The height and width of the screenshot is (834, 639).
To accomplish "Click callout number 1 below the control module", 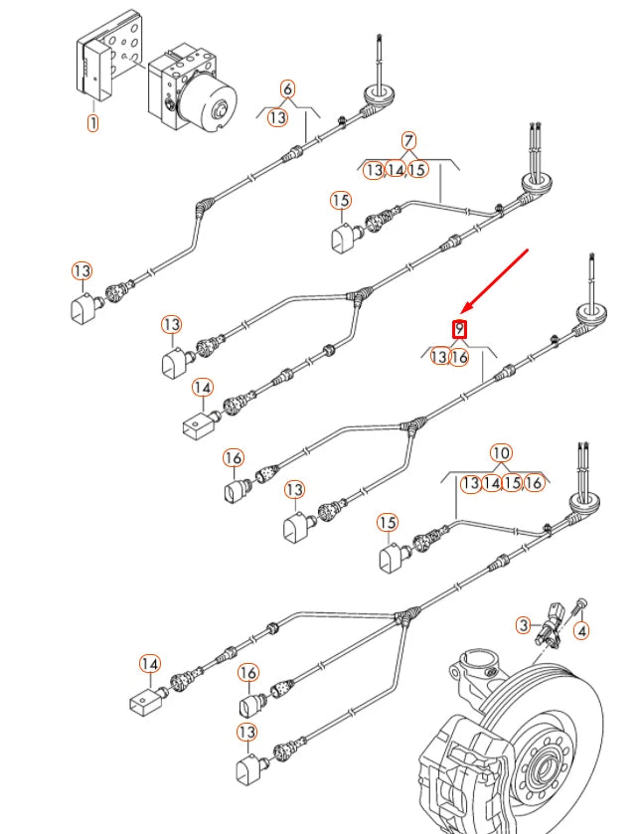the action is [x=92, y=123].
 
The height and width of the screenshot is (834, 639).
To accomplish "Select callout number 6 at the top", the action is [x=287, y=88].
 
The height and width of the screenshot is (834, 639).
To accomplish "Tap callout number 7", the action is [x=407, y=141].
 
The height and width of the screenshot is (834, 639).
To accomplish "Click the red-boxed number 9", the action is [x=459, y=329].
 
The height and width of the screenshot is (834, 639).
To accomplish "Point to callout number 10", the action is [x=500, y=453].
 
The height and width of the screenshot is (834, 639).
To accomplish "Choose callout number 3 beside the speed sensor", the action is [x=524, y=625].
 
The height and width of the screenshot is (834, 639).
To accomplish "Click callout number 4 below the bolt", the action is [x=581, y=631].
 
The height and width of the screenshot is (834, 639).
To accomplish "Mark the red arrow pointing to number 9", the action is [x=494, y=281].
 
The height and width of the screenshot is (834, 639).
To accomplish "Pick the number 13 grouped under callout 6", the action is [x=277, y=117].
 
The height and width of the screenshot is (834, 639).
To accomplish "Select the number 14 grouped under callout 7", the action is [x=396, y=170].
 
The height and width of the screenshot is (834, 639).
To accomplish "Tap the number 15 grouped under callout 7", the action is [x=417, y=170].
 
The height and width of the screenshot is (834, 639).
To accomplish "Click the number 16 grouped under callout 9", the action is [x=459, y=357].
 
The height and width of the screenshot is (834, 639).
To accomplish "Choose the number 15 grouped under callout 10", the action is [x=512, y=483].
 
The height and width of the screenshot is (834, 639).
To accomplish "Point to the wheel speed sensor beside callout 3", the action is [x=550, y=626].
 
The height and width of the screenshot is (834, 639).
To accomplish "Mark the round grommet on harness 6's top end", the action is [x=379, y=97].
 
